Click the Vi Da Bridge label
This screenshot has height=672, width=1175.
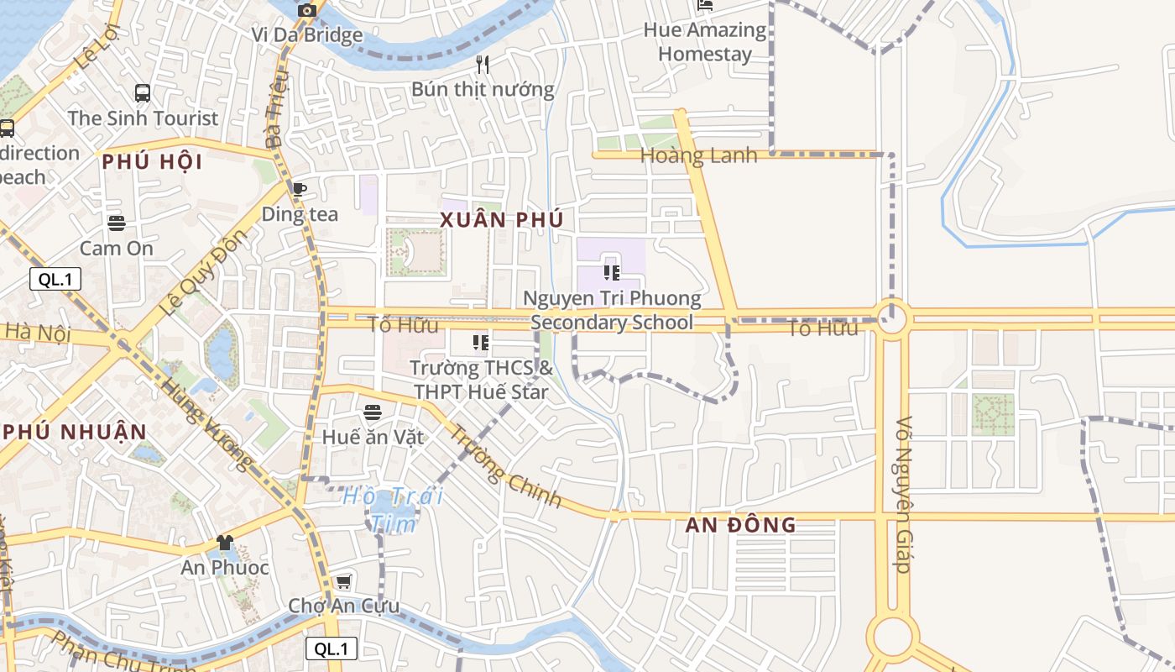(x=307, y=35)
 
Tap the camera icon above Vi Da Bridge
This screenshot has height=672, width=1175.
(x=307, y=10)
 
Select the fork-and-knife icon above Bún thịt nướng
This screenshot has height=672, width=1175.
(x=483, y=64)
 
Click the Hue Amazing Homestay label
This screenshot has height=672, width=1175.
(x=705, y=42)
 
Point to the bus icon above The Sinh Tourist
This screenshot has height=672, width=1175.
(x=143, y=93)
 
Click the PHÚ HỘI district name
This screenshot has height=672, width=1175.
(x=153, y=162)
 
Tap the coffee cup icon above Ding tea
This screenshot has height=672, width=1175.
(x=300, y=189)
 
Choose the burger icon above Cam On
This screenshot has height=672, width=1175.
(x=117, y=223)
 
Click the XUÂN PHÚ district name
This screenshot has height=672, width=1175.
(x=501, y=220)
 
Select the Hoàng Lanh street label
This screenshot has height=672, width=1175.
(x=698, y=155)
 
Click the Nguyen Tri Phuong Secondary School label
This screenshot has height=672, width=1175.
(x=612, y=310)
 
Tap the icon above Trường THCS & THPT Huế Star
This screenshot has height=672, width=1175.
(x=481, y=343)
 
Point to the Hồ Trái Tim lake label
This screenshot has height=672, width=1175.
(x=393, y=509)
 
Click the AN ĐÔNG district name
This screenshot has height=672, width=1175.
(x=740, y=526)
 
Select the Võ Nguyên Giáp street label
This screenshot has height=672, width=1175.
(x=903, y=496)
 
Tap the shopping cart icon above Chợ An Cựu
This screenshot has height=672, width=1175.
(x=343, y=581)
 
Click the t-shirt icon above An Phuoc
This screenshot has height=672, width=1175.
(x=224, y=543)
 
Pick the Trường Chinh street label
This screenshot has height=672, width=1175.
(x=505, y=468)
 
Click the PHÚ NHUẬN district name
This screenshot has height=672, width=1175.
(x=76, y=432)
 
